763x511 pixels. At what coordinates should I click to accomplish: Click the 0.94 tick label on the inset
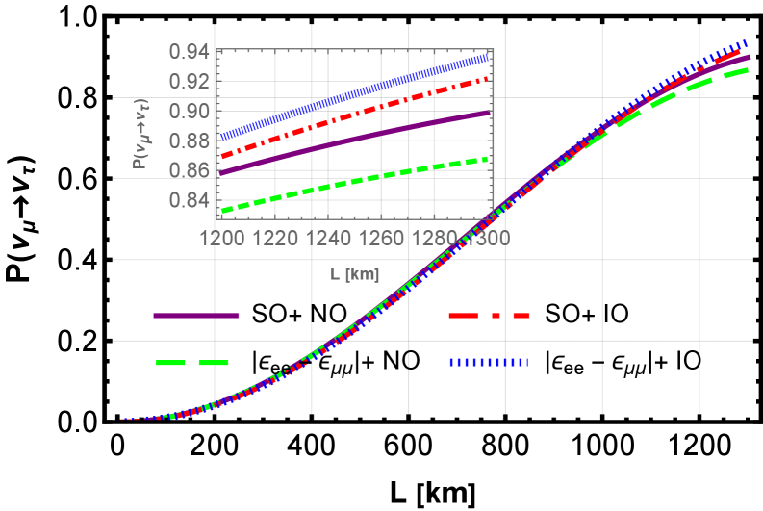[189, 52]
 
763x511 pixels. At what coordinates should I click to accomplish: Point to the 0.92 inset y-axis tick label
[189, 82]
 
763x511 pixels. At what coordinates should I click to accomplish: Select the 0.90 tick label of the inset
[189, 112]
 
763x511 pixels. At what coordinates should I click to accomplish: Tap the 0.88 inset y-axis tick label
[189, 141]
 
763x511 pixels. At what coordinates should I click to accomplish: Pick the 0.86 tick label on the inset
[189, 171]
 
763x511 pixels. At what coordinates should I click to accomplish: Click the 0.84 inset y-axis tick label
[189, 201]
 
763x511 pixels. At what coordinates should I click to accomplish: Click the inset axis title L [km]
[354, 274]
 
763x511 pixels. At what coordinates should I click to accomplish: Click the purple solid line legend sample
[196, 316]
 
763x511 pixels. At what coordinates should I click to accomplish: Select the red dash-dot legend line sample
[489, 316]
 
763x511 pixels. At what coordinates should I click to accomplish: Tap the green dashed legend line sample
[192, 363]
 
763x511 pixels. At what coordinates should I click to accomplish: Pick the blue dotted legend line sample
[489, 363]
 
